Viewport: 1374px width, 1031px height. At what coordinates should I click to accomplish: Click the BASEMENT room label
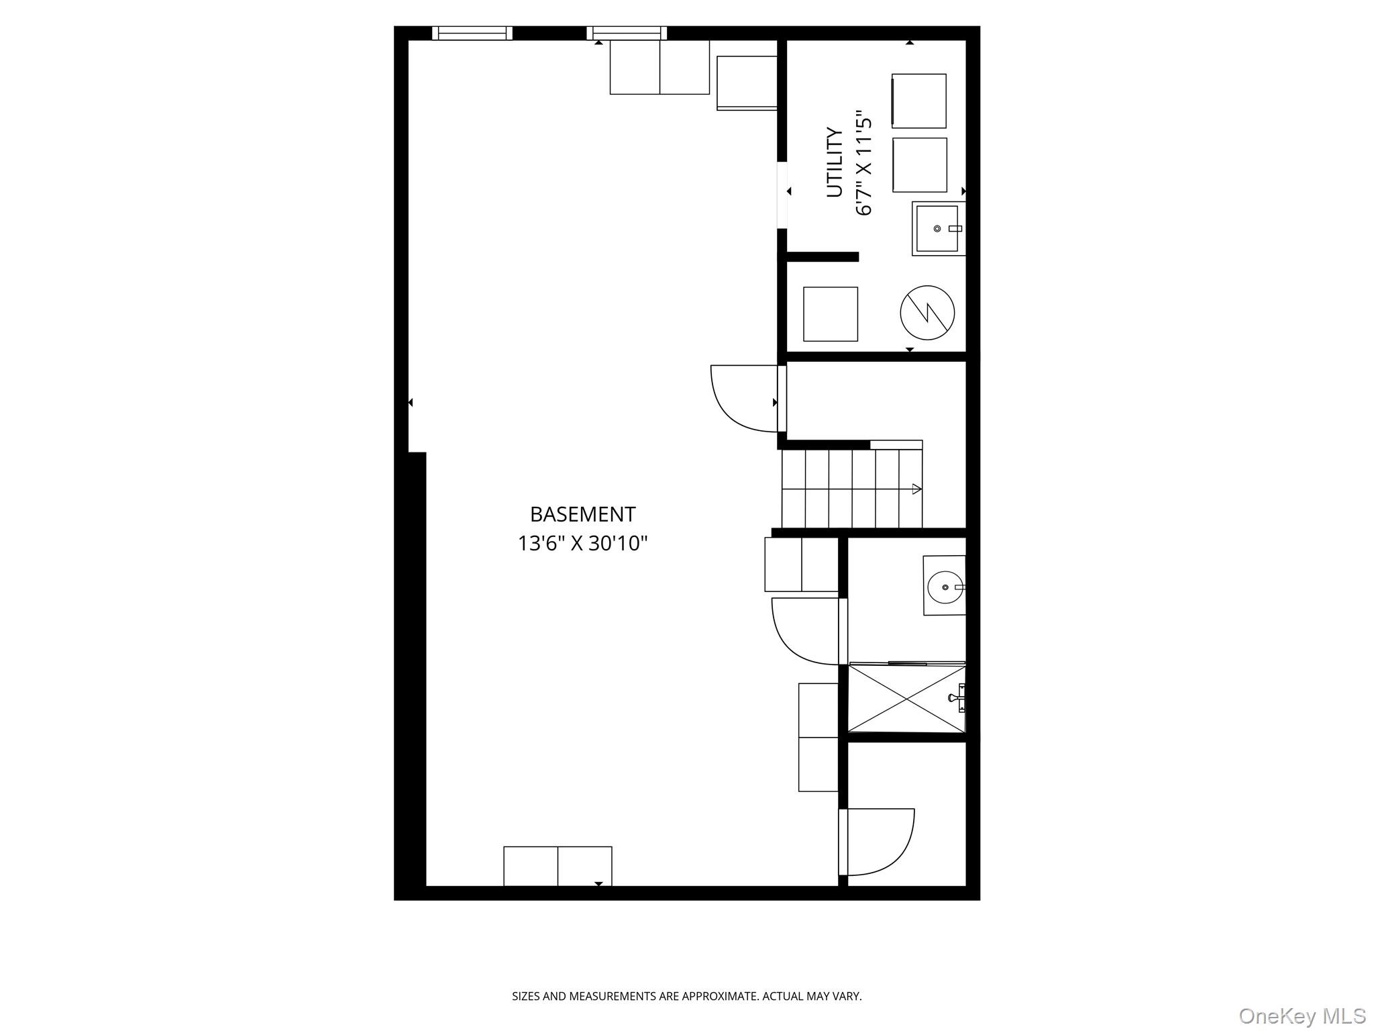pyautogui.click(x=582, y=514)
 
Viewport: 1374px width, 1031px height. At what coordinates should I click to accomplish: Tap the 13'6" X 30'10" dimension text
pyautogui.click(x=582, y=543)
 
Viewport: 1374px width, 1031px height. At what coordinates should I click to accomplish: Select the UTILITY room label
pyautogui.click(x=834, y=162)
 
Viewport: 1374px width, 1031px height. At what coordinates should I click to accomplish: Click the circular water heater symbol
pyautogui.click(x=927, y=312)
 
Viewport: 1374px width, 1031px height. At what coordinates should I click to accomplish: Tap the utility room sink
pyautogui.click(x=937, y=229)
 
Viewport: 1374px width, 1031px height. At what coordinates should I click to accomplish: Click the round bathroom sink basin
pyautogui.click(x=945, y=587)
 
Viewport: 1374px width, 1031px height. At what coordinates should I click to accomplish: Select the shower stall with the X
pyautogui.click(x=906, y=697)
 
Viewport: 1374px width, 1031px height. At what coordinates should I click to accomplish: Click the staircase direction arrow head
pyautogui.click(x=916, y=489)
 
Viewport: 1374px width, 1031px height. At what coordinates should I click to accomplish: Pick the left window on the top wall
pyautogui.click(x=472, y=33)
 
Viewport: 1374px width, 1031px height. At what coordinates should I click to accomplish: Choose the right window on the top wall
pyautogui.click(x=627, y=33)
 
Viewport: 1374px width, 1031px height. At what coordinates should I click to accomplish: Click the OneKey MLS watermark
pyautogui.click(x=1302, y=1016)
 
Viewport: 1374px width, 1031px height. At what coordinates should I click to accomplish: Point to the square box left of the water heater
pyautogui.click(x=830, y=314)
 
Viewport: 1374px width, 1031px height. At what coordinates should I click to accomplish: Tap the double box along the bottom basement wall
pyautogui.click(x=558, y=866)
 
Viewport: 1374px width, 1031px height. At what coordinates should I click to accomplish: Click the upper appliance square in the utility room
pyautogui.click(x=918, y=101)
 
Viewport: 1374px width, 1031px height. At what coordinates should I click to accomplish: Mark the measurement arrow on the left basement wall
pyautogui.click(x=411, y=403)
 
